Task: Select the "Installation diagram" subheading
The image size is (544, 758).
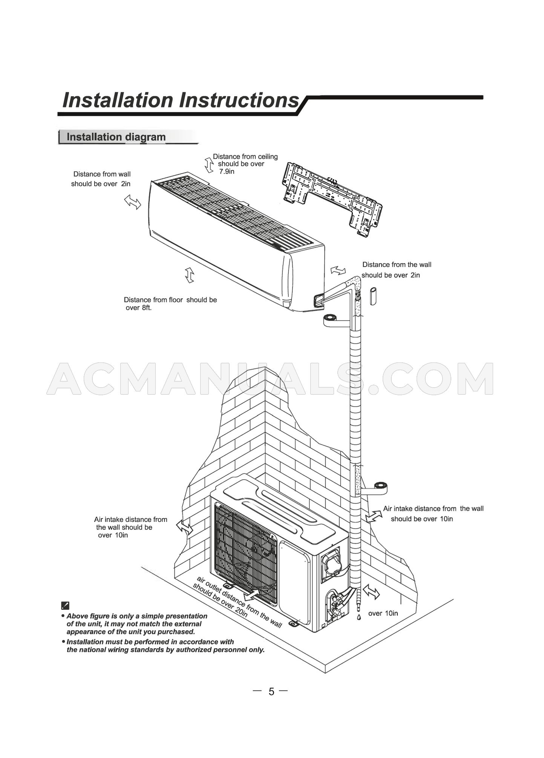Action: [x=116, y=137]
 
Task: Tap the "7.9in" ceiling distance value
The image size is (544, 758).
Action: [x=227, y=172]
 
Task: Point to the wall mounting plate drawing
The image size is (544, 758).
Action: [x=332, y=199]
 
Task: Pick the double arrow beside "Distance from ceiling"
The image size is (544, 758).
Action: [x=208, y=165]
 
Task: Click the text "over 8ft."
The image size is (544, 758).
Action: [x=138, y=308]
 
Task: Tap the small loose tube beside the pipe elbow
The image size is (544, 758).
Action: [x=373, y=296]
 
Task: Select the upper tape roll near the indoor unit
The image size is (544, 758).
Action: [x=331, y=319]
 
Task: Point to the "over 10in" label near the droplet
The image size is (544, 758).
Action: [x=383, y=613]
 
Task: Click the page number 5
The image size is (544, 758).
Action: [x=271, y=691]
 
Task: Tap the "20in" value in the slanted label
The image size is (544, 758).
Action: [x=240, y=612]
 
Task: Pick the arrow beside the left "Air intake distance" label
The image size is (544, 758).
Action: [x=185, y=528]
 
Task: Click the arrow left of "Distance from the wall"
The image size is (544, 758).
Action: [x=338, y=270]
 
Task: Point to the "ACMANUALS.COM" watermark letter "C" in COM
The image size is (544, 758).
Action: [x=401, y=379]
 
